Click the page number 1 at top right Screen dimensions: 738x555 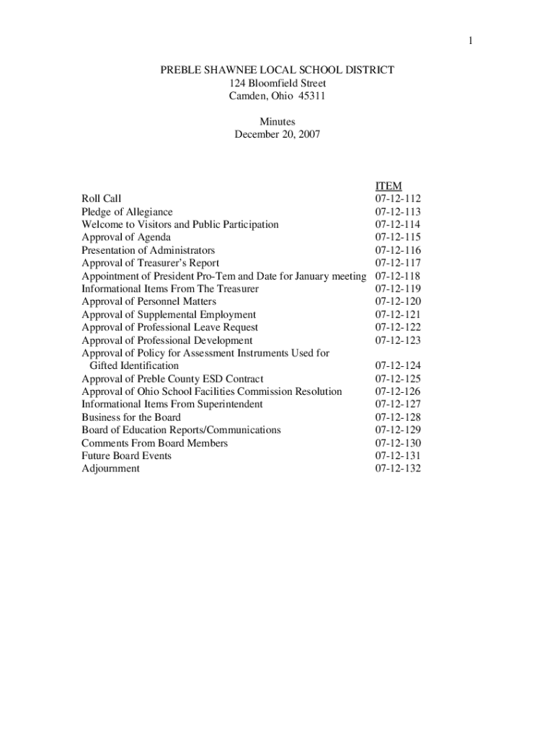pos(470,41)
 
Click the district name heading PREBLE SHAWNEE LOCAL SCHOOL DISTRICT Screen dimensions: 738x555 pos(277,70)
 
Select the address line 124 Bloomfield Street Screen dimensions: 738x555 pos(277,83)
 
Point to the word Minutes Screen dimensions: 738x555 pos(277,122)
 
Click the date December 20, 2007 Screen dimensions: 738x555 pos(277,135)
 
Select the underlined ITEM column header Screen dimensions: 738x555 pos(388,186)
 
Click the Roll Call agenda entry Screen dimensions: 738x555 pos(102,199)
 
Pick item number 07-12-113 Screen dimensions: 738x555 pos(398,212)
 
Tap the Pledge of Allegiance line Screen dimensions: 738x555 pos(127,212)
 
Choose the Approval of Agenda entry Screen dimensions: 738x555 pos(126,237)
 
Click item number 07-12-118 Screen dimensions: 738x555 pos(398,276)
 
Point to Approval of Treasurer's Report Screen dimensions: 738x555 pos(150,263)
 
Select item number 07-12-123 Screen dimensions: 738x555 pos(398,340)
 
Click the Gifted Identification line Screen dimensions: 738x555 pos(133,366)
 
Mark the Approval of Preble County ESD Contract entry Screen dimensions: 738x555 pos(172,379)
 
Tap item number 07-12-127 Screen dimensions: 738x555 pos(398,404)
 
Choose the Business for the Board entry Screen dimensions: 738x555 pos(131,417)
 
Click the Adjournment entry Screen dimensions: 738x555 pos(110,468)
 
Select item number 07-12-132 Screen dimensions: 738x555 pos(398,468)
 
